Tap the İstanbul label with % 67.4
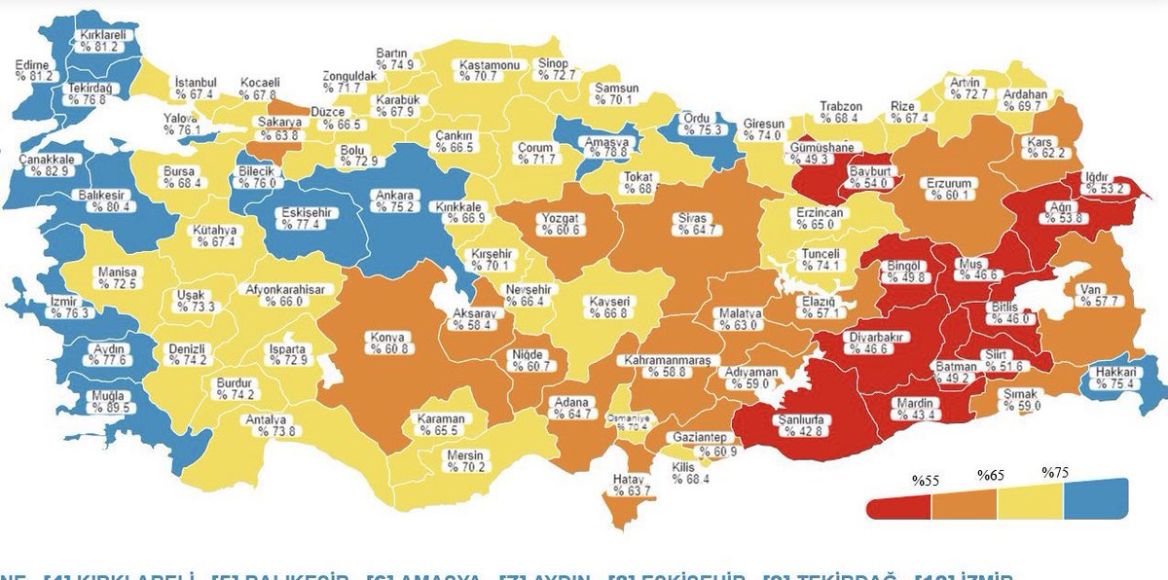tap(196, 88)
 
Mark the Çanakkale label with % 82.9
tap(49, 165)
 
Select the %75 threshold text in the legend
tap(1055, 472)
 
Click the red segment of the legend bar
tap(897, 505)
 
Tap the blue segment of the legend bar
tap(1096, 499)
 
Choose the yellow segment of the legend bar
tap(1030, 501)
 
